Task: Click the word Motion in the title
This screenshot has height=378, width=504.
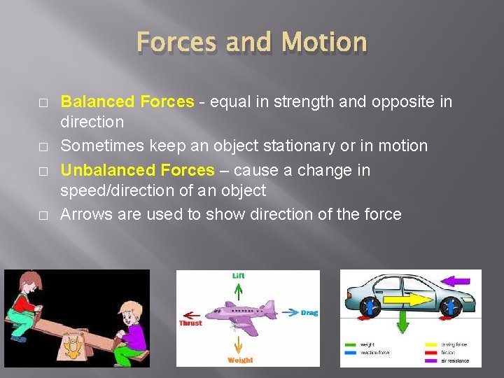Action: coord(324,43)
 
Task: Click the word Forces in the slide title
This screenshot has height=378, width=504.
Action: coord(176,43)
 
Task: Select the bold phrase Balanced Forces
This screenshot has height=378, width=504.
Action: coord(127,101)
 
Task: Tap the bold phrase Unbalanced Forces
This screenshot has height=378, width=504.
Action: coord(137,170)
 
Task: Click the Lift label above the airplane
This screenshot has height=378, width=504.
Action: coord(239,276)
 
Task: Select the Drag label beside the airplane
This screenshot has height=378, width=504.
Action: coord(309,313)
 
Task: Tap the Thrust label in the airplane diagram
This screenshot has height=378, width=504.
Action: coord(190,323)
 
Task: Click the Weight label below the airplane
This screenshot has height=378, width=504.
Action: coord(240,360)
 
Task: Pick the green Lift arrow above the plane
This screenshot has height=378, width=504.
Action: coord(239,290)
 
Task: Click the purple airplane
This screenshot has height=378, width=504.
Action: coord(245,313)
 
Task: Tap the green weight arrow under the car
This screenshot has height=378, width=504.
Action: coord(402,324)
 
